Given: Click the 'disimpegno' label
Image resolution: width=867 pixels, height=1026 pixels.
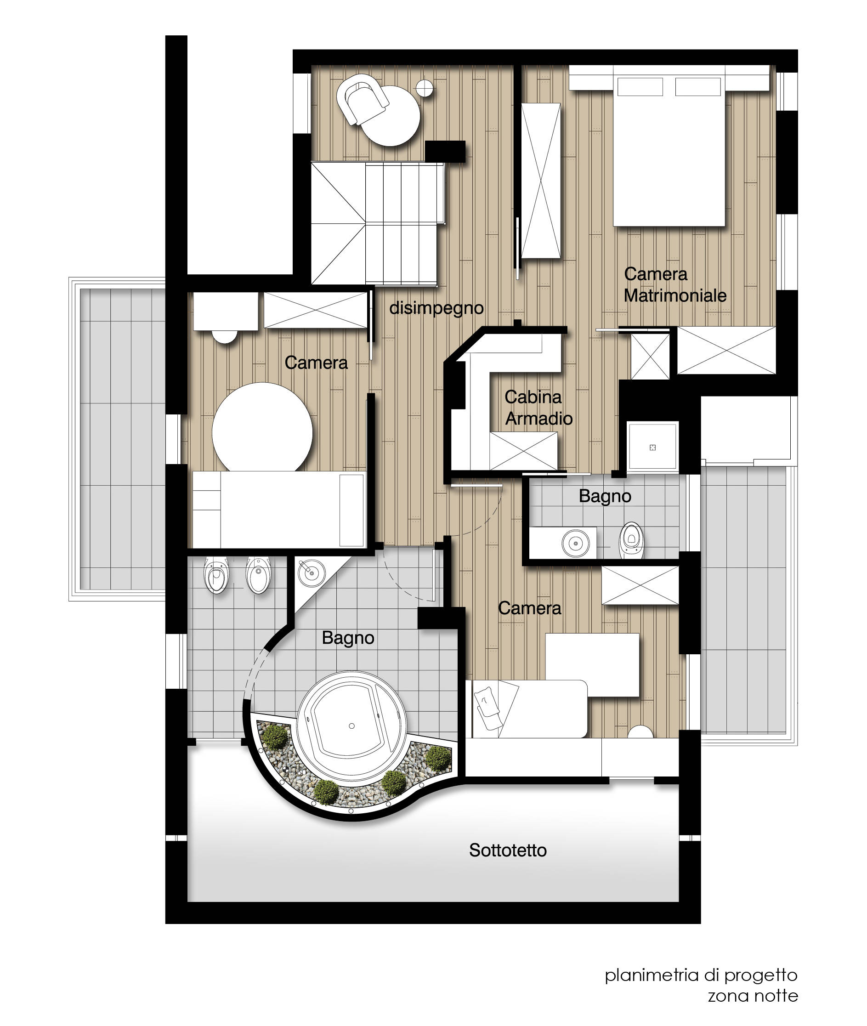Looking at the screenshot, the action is tap(436, 309).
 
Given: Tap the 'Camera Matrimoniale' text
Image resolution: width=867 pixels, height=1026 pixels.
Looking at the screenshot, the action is tap(675, 284).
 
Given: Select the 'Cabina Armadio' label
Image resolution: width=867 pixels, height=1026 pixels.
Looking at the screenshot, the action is tap(538, 408).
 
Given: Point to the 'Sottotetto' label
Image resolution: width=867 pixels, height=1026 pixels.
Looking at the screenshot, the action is tap(508, 850).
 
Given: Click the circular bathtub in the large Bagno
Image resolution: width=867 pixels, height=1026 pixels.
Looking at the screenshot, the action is tap(352, 726).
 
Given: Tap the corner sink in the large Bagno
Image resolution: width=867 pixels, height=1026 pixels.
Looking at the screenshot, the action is tap(312, 573).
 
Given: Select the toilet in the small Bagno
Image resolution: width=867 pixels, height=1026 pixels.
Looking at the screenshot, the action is tap(632, 540).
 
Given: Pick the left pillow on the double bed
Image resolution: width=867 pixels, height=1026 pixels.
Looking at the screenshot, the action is tap(640, 86).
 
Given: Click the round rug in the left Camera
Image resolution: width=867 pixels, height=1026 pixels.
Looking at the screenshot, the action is tap(262, 432).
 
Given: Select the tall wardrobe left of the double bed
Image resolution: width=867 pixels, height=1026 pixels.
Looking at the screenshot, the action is tap(541, 181).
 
